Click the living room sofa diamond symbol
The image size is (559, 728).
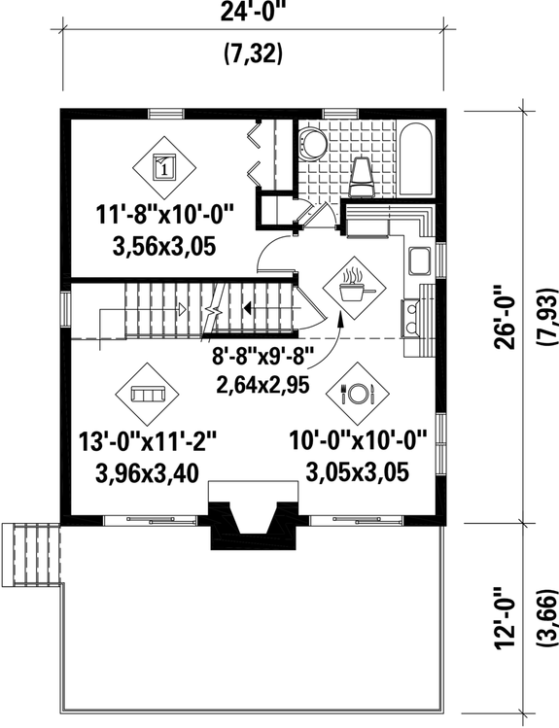point(149,395)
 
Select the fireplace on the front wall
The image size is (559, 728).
point(252,526)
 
